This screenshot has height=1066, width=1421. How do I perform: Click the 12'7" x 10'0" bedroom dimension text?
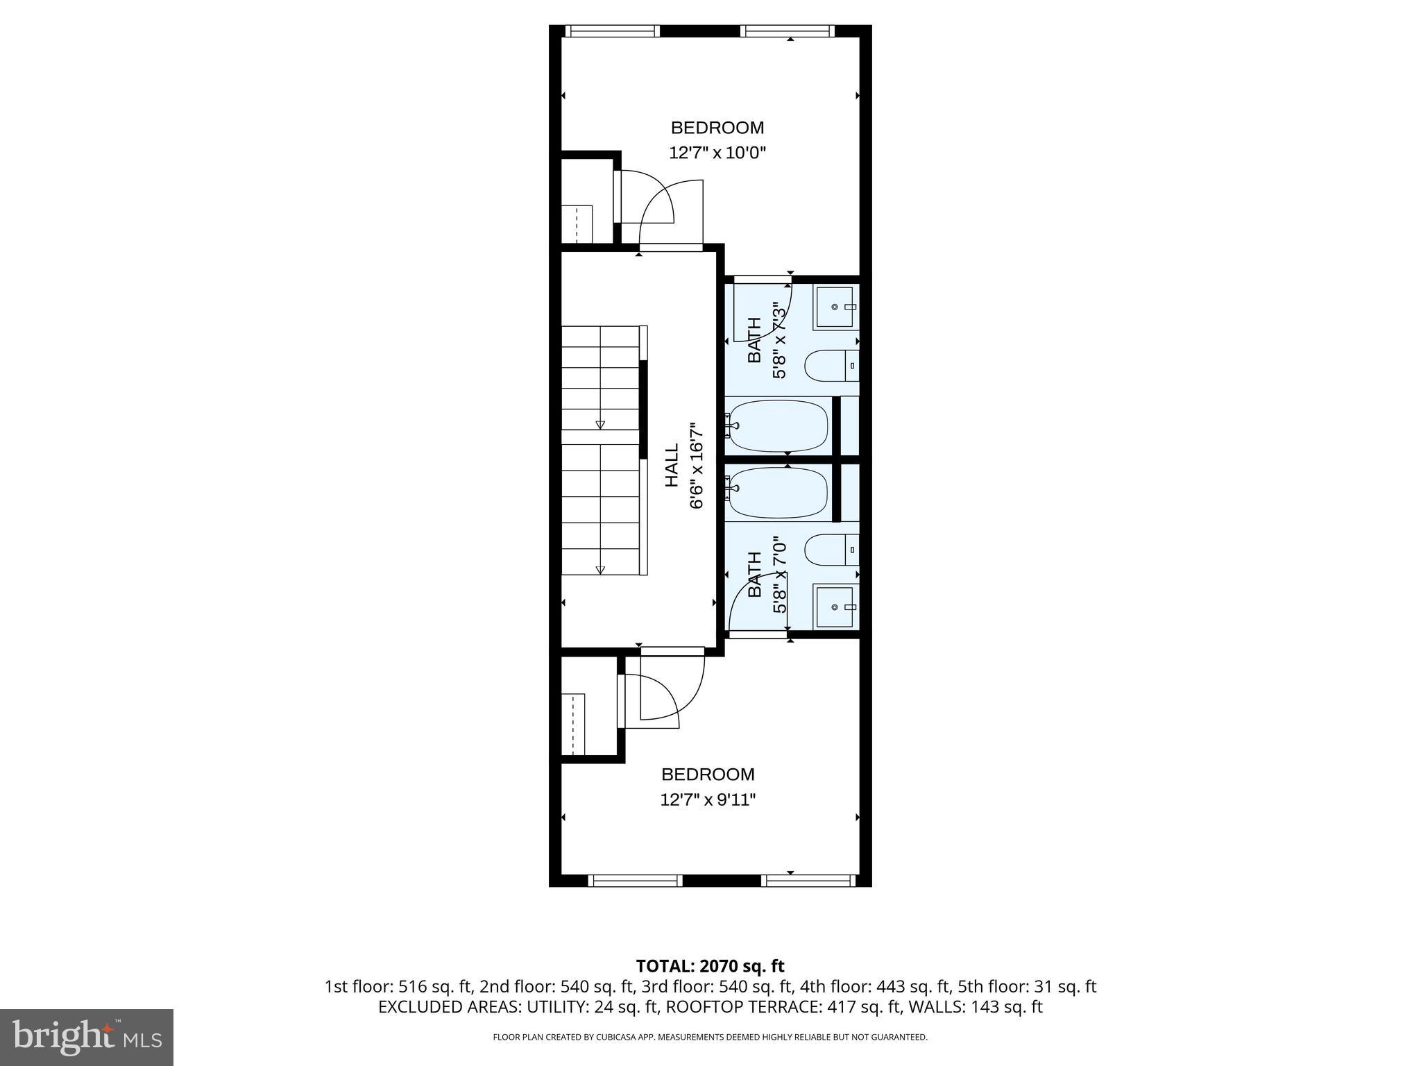click(717, 153)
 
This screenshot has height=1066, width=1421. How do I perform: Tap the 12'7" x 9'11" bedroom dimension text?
click(707, 800)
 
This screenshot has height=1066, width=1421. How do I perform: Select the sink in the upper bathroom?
click(836, 307)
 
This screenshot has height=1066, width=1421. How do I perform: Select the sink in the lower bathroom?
click(836, 607)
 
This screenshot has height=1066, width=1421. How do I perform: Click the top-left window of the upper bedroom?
click(611, 31)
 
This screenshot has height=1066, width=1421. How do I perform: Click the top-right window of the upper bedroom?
click(787, 31)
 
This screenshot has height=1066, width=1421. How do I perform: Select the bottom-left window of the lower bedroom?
click(635, 880)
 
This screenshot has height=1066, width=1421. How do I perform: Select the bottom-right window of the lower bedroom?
click(808, 880)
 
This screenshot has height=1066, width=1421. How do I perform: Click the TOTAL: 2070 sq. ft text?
click(710, 966)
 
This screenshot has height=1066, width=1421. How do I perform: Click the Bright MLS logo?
click(86, 1037)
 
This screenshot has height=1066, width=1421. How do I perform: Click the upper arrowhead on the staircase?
click(600, 425)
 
